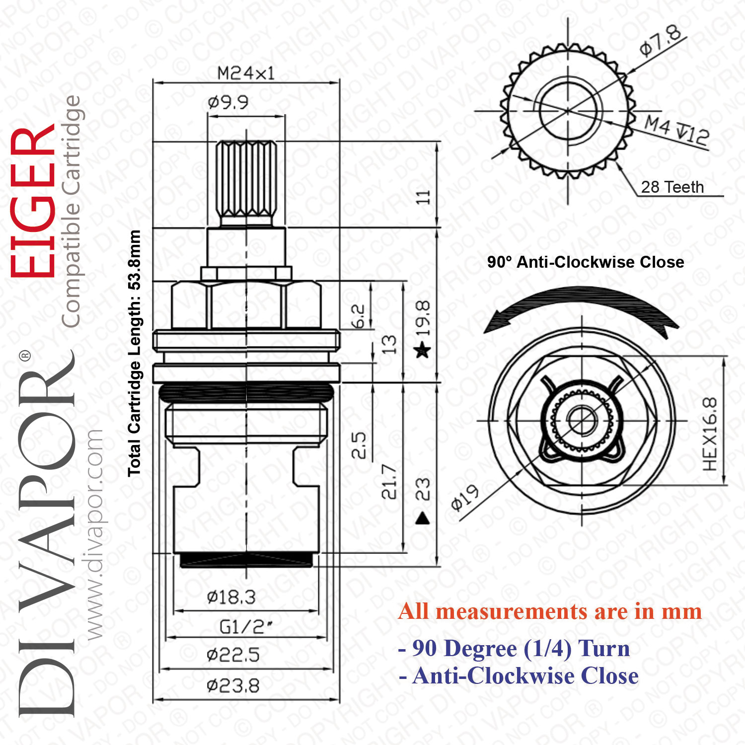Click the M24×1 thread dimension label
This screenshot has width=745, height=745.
click(246, 74)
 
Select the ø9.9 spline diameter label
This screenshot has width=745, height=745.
click(228, 102)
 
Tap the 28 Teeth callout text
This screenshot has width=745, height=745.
click(672, 187)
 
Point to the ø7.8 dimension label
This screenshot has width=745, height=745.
click(661, 41)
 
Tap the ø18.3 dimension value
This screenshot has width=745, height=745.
click(231, 597)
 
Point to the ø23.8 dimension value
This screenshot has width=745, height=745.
click(233, 686)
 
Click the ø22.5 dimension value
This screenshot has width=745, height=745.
click(233, 655)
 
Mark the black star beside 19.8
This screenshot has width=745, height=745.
click(422, 350)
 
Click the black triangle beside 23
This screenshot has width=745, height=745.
click(422, 519)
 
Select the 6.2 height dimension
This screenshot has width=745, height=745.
click(358, 316)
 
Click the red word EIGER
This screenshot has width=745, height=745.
click(33, 203)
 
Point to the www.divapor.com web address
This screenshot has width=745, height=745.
click(94, 534)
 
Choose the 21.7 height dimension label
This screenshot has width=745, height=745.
click(389, 481)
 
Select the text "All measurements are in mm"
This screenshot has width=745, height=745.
click(550, 611)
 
